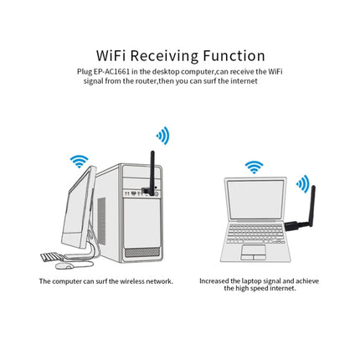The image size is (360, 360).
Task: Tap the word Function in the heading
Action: [x=235, y=56]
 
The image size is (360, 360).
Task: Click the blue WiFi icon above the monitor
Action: [x=80, y=161]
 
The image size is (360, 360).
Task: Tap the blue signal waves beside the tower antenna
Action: [x=162, y=135]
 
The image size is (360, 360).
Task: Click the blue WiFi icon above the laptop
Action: [x=255, y=167]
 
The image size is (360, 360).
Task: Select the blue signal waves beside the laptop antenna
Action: [x=302, y=183]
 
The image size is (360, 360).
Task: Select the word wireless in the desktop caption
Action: [x=131, y=281]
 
